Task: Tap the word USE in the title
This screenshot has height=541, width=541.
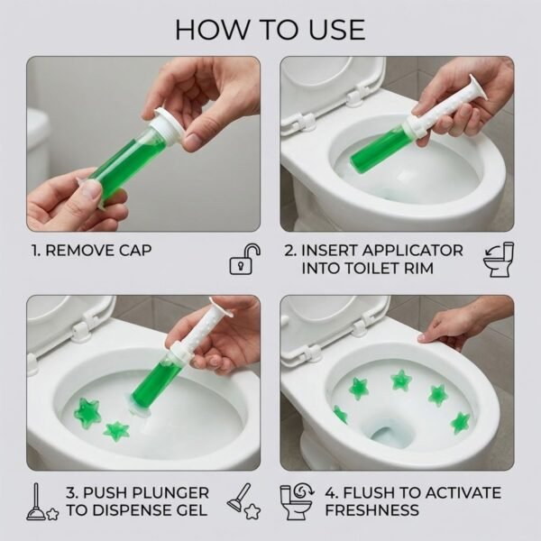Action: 334,29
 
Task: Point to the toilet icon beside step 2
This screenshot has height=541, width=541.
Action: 498,259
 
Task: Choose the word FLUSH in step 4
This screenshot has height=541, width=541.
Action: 373,492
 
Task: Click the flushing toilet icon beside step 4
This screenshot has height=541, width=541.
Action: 297,501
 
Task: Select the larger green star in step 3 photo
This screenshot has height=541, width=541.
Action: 88,413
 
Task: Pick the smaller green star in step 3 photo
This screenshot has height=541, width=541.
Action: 116,431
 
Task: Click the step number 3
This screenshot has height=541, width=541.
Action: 71,492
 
